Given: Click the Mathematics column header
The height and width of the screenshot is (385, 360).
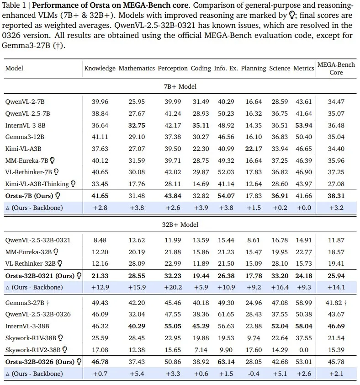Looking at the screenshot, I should coord(137,68).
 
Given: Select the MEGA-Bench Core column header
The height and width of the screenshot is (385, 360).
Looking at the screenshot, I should coord(336,69).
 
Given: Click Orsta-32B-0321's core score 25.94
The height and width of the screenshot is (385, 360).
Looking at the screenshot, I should coord(336,276).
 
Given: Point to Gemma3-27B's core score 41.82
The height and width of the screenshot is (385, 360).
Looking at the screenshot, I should coord(334,303).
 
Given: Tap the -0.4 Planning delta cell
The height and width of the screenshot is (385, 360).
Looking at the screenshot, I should coord(253,373).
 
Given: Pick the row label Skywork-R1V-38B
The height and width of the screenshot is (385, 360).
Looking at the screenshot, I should coord(30,338).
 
